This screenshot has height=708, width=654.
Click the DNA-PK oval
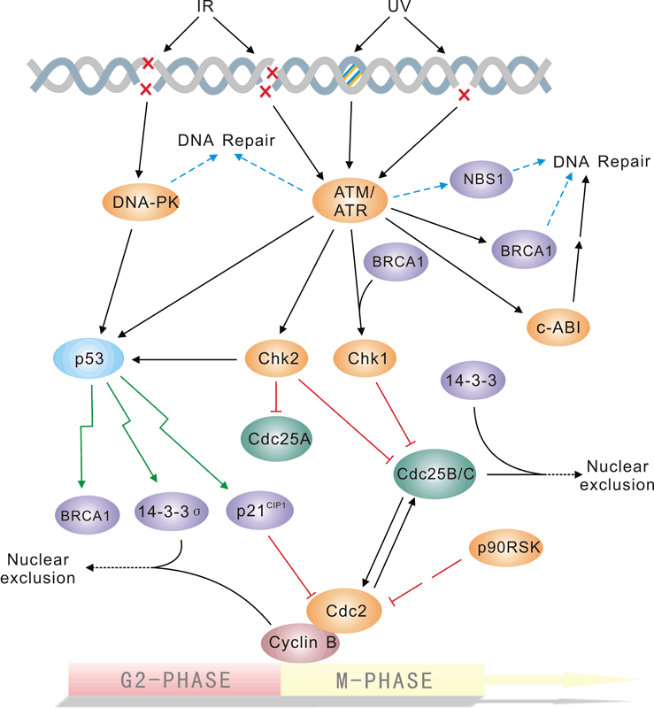click(x=129, y=206)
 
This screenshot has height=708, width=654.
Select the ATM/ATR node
click(x=350, y=203)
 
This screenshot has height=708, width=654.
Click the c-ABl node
click(x=558, y=328)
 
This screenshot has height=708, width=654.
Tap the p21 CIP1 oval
click(x=261, y=511)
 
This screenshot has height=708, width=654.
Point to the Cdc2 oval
click(x=343, y=612)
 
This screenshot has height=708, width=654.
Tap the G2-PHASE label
click(x=175, y=681)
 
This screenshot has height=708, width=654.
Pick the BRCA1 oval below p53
click(x=86, y=513)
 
